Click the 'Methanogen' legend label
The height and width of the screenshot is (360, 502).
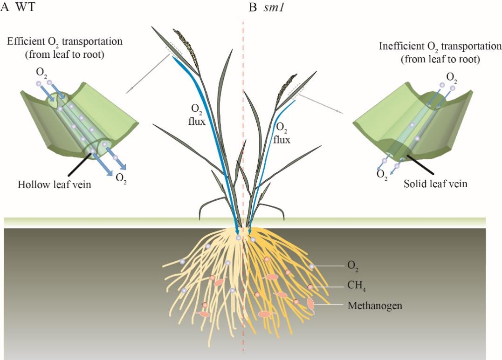[375, 306]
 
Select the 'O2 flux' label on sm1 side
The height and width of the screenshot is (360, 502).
[282, 132]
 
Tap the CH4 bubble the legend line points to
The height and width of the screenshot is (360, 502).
[310, 287]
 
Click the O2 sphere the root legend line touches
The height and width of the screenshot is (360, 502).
[311, 266]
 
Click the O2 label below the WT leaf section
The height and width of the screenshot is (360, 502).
[121, 179]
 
